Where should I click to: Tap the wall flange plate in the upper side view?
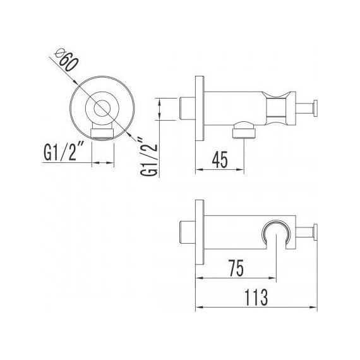pos(200,109)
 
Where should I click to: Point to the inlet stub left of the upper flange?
pos(188,108)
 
